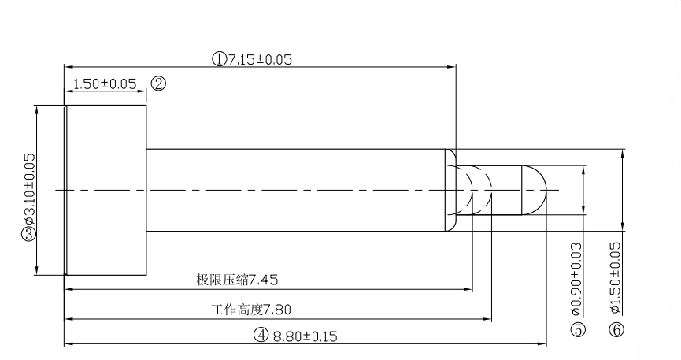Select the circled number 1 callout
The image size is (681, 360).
click(218, 59)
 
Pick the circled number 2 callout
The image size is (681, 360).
click(158, 84)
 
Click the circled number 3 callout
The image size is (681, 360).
click(29, 234)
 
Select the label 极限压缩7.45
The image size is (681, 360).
click(237, 280)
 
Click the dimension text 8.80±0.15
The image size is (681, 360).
click(305, 336)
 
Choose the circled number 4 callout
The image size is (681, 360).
click(261, 336)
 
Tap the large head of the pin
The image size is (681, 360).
click(107, 190)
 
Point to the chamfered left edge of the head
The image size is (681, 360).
click(65, 190)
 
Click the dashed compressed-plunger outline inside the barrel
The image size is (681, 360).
click(476, 190)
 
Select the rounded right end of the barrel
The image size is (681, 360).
click(452, 190)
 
